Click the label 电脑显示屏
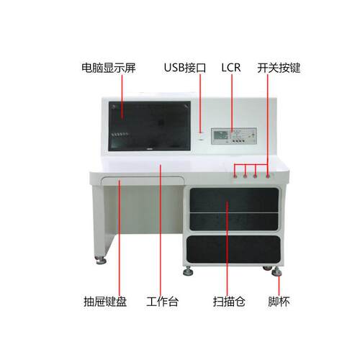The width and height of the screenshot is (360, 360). pyautogui.click(x=109, y=68)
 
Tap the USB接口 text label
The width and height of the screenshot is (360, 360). pyautogui.click(x=185, y=68)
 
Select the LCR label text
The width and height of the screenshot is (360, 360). pyautogui.click(x=231, y=68)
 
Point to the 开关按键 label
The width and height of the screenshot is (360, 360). pyautogui.click(x=279, y=68)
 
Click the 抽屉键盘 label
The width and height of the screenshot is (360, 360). pyautogui.click(x=105, y=302)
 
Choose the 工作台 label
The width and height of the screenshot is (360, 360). pyautogui.click(x=163, y=302)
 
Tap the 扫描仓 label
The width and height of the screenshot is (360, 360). pyautogui.click(x=229, y=302)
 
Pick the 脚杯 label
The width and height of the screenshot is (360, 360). pyautogui.click(x=279, y=302)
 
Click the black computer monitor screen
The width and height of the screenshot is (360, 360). pyautogui.click(x=150, y=126)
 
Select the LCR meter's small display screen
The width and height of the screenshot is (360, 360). pyautogui.click(x=220, y=135)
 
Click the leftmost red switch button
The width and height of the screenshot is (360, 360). pyautogui.click(x=235, y=176)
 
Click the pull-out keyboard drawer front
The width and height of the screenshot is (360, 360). pyautogui.click(x=143, y=181)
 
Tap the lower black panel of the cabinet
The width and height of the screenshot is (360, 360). pyautogui.click(x=233, y=249)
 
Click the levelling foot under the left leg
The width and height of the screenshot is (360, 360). pyautogui.click(x=101, y=261)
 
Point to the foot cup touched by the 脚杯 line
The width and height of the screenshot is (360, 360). pyautogui.click(x=276, y=271)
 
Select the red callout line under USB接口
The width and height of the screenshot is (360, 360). pyautogui.click(x=200, y=103)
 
